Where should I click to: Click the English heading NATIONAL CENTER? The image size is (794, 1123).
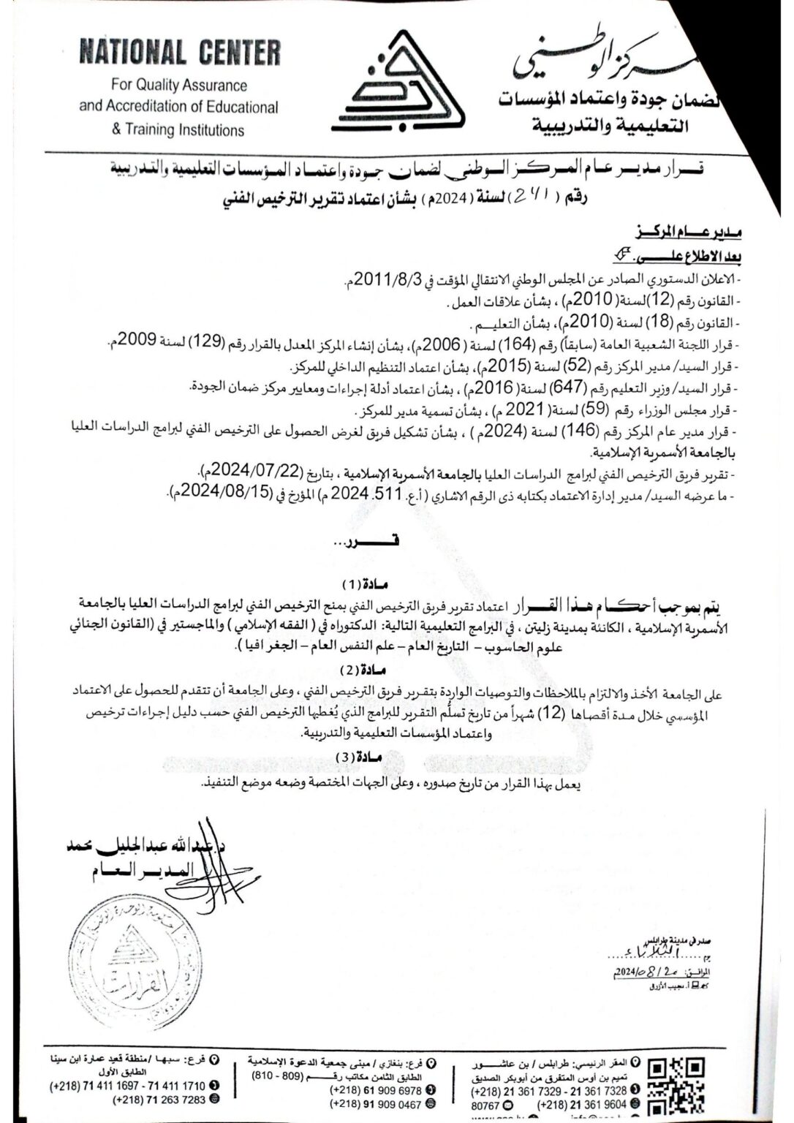[179, 53]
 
